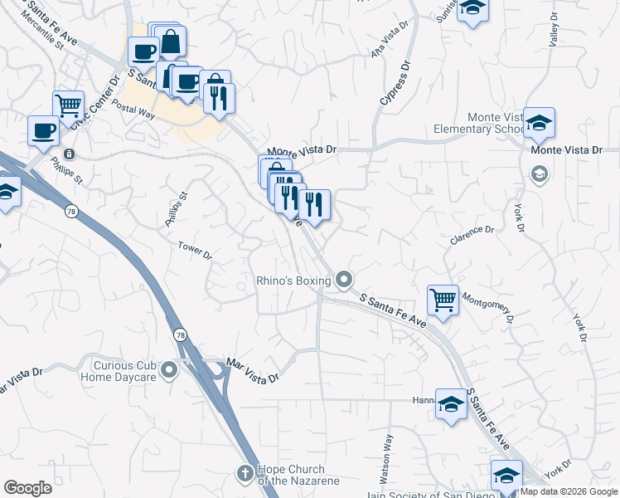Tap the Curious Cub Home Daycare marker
[170, 369]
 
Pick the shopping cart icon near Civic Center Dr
[68, 105]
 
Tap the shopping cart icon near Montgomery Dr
[443, 300]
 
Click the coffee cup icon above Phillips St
[43, 129]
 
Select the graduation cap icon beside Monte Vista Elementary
[540, 124]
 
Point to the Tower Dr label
[196, 250]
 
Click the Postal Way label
[133, 113]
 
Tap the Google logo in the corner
[28, 488]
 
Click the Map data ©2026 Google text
[568, 491]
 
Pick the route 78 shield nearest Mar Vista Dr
[180, 334]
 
